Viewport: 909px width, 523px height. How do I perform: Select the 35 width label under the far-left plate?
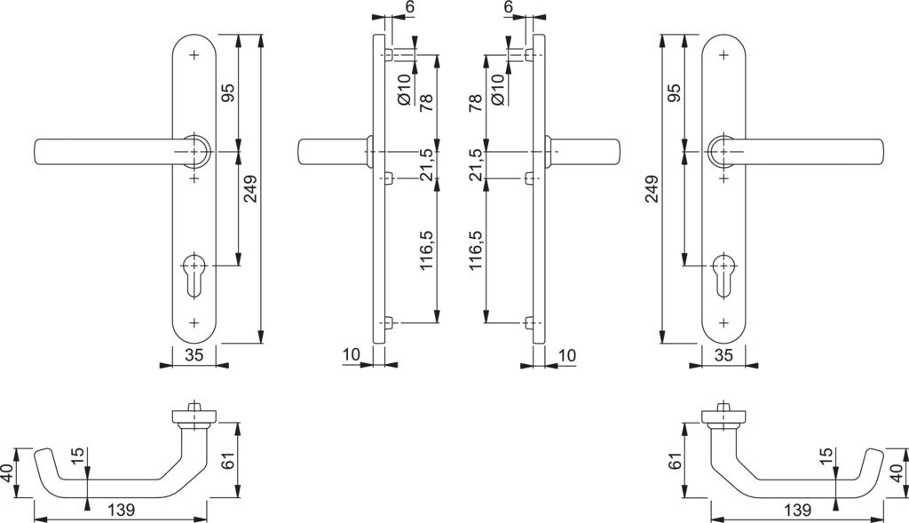[194, 354]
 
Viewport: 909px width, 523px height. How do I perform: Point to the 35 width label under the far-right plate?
[723, 354]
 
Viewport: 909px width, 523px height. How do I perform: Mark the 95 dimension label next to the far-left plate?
[227, 93]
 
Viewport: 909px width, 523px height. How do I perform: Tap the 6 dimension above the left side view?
[409, 7]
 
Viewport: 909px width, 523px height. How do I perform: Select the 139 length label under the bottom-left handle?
[121, 510]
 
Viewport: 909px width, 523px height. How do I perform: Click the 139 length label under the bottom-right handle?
[798, 510]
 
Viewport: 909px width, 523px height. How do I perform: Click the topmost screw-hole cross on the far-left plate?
[194, 55]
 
